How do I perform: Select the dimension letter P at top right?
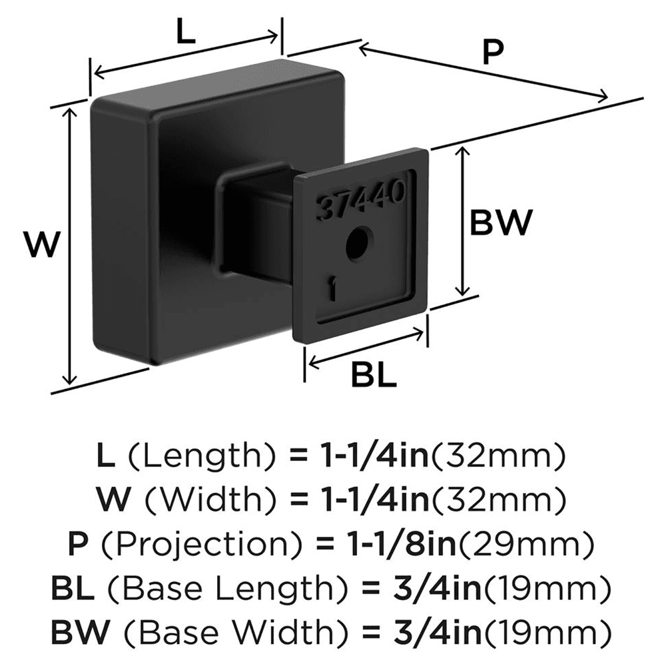pos(492,53)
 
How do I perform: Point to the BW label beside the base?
pos(501,222)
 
